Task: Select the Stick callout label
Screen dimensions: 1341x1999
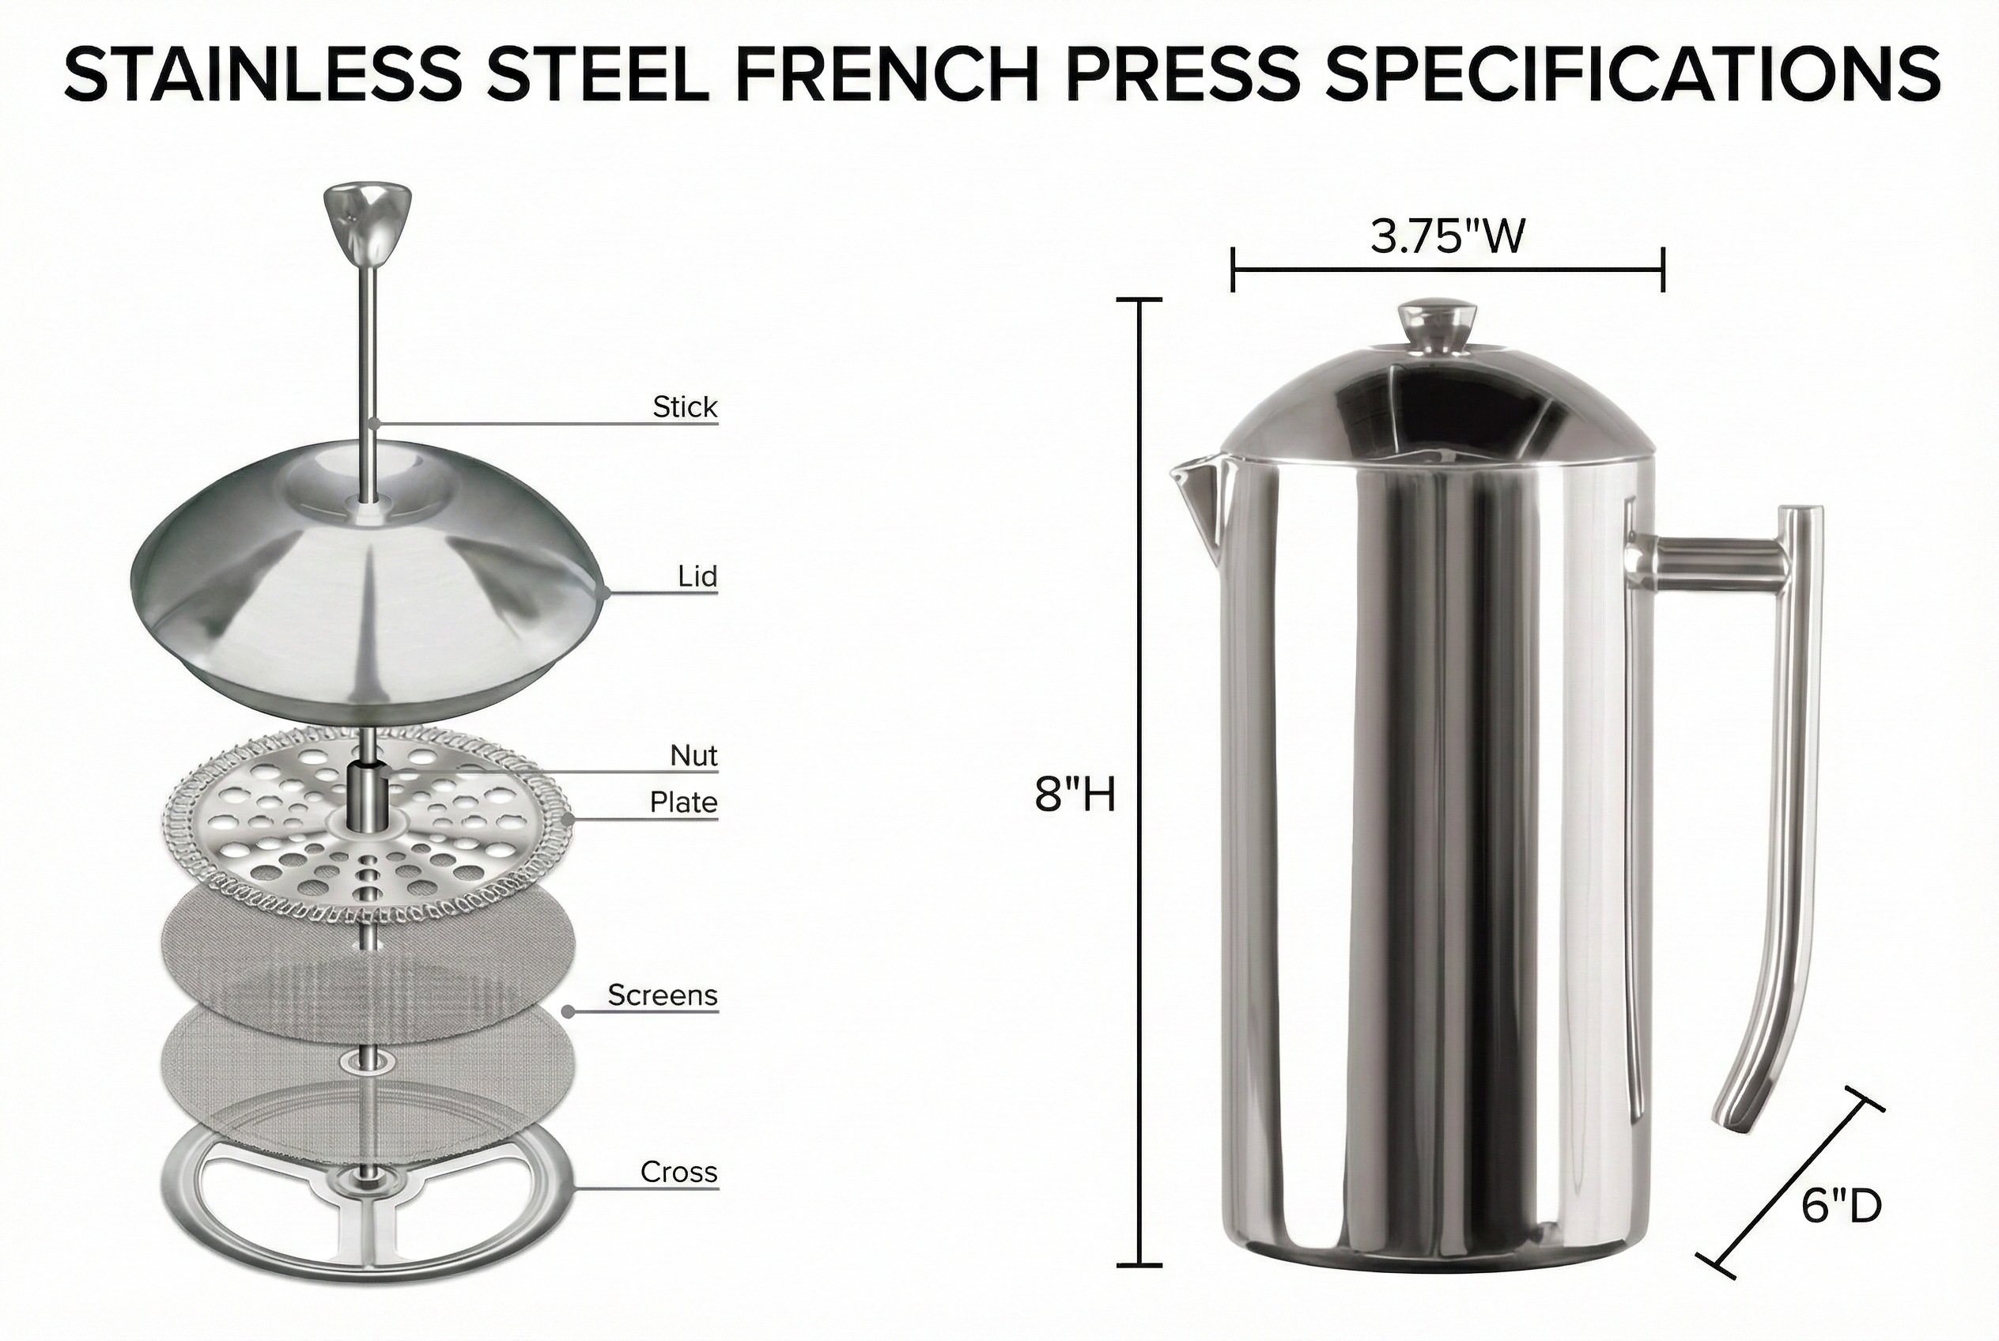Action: point(684,407)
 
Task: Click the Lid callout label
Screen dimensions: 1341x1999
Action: point(697,576)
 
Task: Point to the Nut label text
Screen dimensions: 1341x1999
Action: point(693,755)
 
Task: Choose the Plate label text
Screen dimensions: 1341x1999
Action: point(683,803)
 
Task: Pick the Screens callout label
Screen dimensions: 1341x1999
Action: point(662,995)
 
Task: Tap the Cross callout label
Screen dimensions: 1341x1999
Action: point(678,1172)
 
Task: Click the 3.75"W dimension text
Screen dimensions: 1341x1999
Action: point(1447,237)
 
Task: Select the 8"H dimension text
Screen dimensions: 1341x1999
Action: point(1075,795)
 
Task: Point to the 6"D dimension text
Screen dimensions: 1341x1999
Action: point(1842,1207)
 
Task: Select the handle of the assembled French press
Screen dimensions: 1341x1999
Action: point(1788,769)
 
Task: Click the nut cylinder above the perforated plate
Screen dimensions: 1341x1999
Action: point(368,791)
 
